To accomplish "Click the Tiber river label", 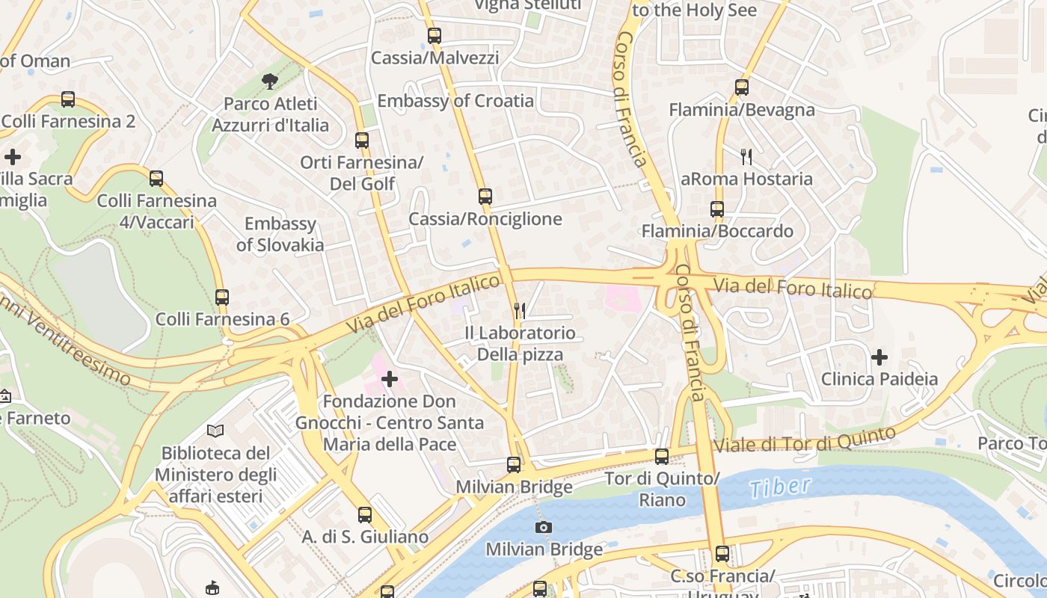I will pyautogui.click(x=780, y=487).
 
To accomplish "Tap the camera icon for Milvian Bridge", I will pyautogui.click(x=544, y=527).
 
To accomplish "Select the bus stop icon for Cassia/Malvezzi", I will pyautogui.click(x=435, y=35).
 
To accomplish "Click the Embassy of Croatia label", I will pyautogui.click(x=455, y=101).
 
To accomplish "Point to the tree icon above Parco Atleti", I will pyautogui.click(x=269, y=81).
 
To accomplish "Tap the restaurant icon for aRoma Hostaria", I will pyautogui.click(x=746, y=156).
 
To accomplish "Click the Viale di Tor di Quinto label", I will pyautogui.click(x=804, y=440).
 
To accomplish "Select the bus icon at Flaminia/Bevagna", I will pyautogui.click(x=741, y=87).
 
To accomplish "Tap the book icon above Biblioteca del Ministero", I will pyautogui.click(x=215, y=431).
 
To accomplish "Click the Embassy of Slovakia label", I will pyautogui.click(x=280, y=234).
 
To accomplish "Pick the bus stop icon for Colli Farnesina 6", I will pyautogui.click(x=222, y=297).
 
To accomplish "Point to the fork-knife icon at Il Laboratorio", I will pyautogui.click(x=520, y=310).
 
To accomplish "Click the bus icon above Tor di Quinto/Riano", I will pyautogui.click(x=662, y=456).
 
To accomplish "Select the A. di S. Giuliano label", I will pyautogui.click(x=365, y=537).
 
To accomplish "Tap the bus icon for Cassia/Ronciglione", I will pyautogui.click(x=485, y=197).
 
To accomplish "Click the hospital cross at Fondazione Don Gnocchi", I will pyautogui.click(x=390, y=379).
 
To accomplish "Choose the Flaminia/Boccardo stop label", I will pyautogui.click(x=717, y=231).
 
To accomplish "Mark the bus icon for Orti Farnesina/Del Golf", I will pyautogui.click(x=362, y=140).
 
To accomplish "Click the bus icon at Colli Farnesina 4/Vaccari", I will pyautogui.click(x=156, y=179).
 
